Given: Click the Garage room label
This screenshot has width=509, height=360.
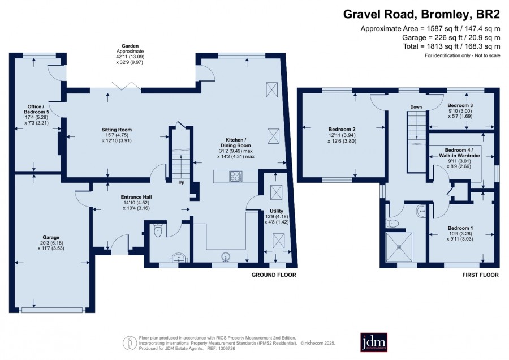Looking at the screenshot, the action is (51, 243).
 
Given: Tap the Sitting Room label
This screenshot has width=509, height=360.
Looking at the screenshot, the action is (117, 135).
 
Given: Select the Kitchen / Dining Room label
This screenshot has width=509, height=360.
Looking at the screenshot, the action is (236, 148).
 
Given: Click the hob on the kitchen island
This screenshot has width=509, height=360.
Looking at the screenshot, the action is (236, 177).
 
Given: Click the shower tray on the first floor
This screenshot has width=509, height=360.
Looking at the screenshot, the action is (399, 247).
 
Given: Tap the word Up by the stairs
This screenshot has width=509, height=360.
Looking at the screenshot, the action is (181, 182).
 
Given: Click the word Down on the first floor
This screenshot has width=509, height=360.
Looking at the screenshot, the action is (416, 107).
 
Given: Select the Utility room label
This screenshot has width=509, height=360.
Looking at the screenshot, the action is (276, 216).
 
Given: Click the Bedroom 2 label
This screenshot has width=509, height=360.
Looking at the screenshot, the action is (342, 135).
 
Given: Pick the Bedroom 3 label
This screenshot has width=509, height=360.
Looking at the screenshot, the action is (460, 110).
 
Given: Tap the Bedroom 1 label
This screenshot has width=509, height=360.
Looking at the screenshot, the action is (460, 233).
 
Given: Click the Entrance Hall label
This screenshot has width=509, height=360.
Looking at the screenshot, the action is (136, 203).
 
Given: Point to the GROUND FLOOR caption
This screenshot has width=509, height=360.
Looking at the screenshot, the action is (274, 275).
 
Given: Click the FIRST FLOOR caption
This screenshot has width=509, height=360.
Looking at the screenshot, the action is (480, 275).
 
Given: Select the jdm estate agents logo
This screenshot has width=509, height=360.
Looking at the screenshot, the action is (374, 342).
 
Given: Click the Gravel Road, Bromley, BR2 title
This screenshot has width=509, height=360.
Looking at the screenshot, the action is (422, 14).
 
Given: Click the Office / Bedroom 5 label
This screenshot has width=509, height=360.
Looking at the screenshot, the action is (36, 115).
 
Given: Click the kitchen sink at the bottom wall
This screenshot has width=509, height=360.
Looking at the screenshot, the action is (226, 257).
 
